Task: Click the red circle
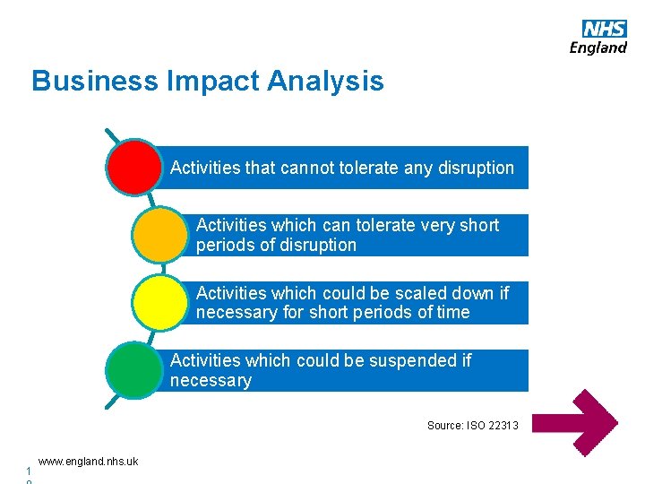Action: tap(133, 167)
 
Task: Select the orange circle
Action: tap(159, 234)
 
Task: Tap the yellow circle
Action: tap(159, 303)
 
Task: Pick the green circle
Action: tap(133, 370)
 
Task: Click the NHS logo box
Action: tap(604, 29)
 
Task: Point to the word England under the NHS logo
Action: tap(598, 48)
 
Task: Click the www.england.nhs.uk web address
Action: tap(88, 462)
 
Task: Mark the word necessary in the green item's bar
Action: tap(211, 381)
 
